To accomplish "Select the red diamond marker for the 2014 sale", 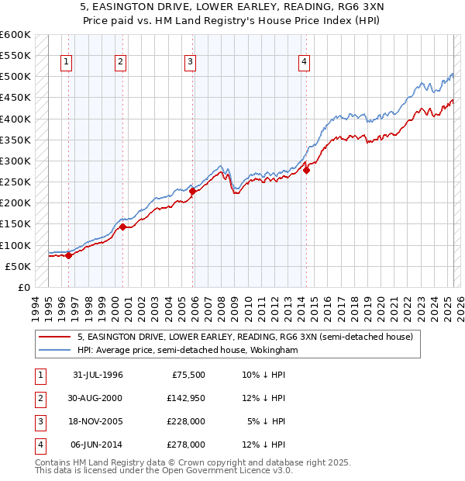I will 306,170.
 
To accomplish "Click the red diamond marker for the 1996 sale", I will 68,255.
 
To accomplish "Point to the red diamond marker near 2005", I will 192,191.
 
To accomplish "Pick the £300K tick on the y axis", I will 17,161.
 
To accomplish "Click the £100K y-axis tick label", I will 17,245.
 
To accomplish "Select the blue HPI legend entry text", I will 188,351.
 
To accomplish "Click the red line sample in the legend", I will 53,337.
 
